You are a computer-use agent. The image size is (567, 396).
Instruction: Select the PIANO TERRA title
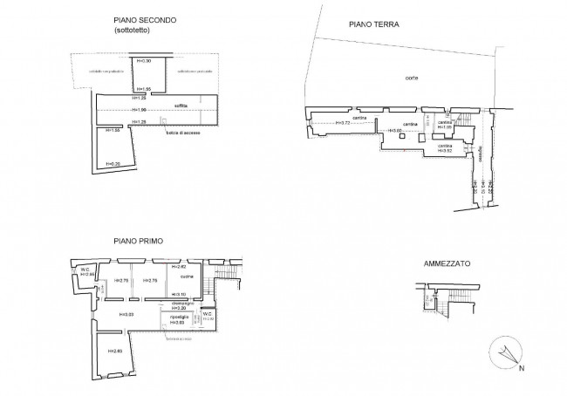(x=373, y=25)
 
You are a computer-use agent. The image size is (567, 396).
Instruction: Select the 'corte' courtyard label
(x=411, y=79)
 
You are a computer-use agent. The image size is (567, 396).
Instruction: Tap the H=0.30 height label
(x=143, y=60)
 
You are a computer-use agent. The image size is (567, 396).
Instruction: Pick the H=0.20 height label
(x=112, y=163)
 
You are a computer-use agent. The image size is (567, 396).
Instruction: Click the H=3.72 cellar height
(x=343, y=123)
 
